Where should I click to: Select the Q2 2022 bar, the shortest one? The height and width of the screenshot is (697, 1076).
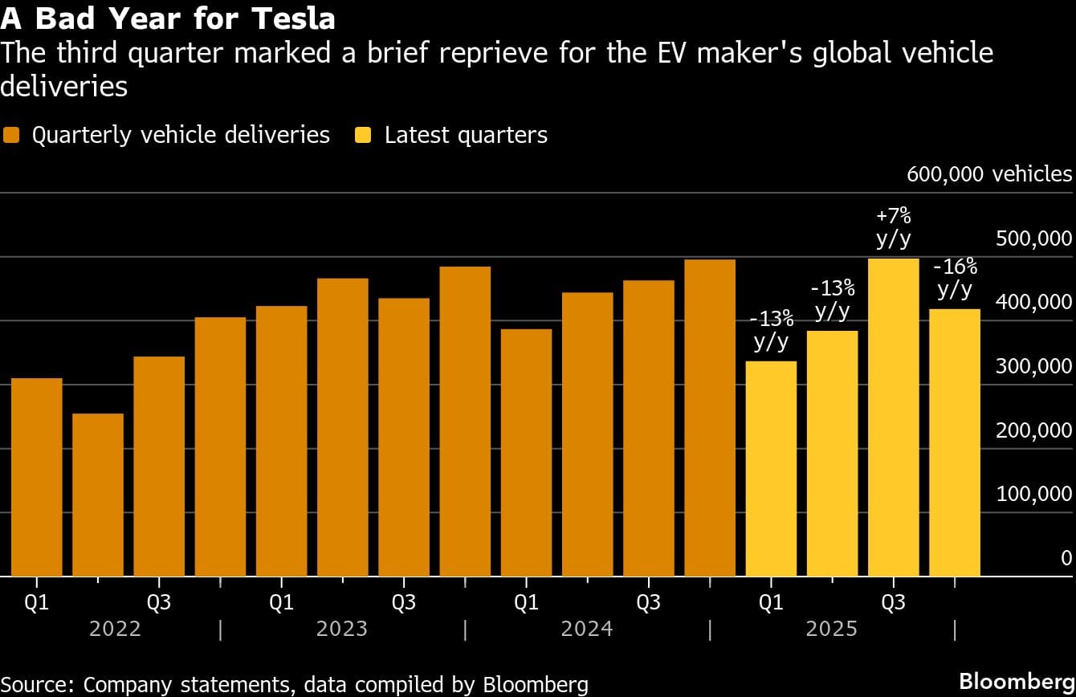click(98, 495)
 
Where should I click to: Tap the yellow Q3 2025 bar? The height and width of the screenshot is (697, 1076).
click(893, 418)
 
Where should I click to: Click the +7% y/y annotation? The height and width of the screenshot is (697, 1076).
click(893, 227)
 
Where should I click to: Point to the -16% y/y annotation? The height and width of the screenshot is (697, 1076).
click(955, 278)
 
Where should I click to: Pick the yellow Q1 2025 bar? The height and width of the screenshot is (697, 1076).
click(771, 469)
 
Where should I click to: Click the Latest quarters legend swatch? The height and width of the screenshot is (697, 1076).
click(364, 135)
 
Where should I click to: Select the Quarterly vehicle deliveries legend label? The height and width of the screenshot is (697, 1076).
click(181, 135)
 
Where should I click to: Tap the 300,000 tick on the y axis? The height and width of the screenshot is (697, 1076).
click(1033, 366)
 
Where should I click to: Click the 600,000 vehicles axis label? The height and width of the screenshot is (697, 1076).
click(988, 174)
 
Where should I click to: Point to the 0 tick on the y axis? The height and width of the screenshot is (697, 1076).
click(1066, 558)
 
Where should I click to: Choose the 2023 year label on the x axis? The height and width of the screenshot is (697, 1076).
click(342, 628)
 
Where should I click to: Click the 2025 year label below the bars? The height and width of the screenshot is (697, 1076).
click(831, 628)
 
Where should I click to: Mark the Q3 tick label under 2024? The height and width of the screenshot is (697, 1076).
click(648, 602)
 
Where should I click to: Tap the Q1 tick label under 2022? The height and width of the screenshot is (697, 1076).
click(37, 602)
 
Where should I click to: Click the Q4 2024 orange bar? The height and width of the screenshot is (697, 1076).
click(710, 418)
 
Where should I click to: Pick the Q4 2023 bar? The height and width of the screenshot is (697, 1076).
click(465, 422)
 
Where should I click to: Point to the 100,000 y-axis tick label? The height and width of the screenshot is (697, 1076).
click(1033, 494)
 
